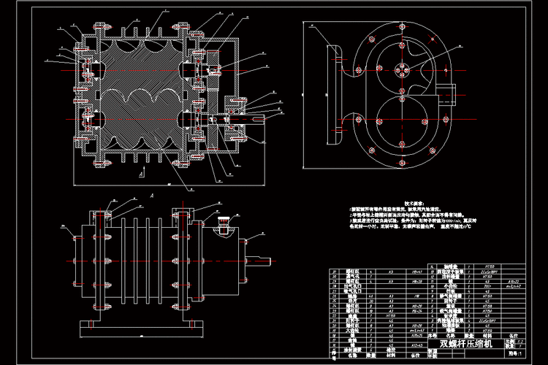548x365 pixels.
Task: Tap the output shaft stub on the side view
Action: pyautogui.click(x=265, y=261)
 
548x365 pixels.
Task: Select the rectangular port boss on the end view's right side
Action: pyautogui.click(x=447, y=93)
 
